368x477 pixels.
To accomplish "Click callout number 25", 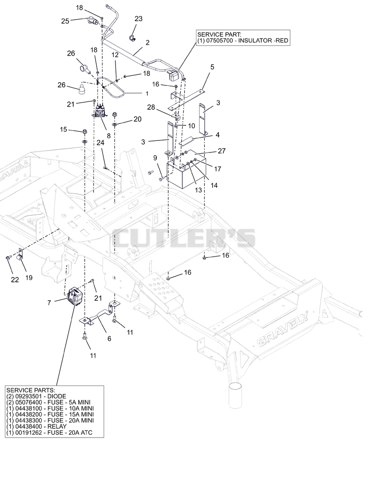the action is click(65, 21).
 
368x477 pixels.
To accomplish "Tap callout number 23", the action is click(138, 19).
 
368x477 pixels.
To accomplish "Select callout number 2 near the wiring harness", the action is click(148, 43).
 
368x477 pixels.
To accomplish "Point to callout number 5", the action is click(212, 67).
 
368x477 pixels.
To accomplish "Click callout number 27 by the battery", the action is click(222, 151).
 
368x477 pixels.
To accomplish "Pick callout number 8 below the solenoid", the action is click(109, 136).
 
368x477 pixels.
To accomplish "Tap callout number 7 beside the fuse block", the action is click(49, 303).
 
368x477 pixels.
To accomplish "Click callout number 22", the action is click(15, 280).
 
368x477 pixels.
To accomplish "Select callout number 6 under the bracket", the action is click(109, 339).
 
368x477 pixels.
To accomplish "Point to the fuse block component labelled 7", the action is click(75, 297).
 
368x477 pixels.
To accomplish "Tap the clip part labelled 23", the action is click(132, 38).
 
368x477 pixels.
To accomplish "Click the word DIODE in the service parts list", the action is click(57, 396).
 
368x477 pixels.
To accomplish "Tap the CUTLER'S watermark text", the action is click(184, 238).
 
